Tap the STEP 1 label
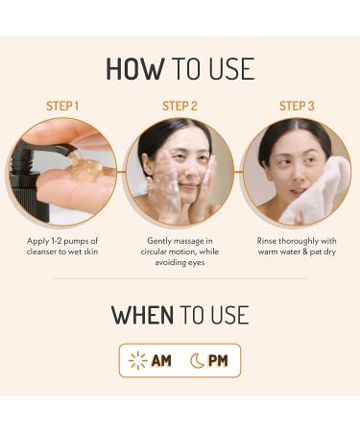[63, 106]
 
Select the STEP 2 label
[180, 106]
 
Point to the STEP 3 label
[297, 106]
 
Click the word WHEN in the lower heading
[142, 315]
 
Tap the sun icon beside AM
[138, 361]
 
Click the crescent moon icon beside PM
[197, 361]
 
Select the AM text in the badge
[161, 361]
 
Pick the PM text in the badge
[218, 361]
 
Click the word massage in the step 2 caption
[191, 241]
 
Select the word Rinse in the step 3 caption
[270, 241]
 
